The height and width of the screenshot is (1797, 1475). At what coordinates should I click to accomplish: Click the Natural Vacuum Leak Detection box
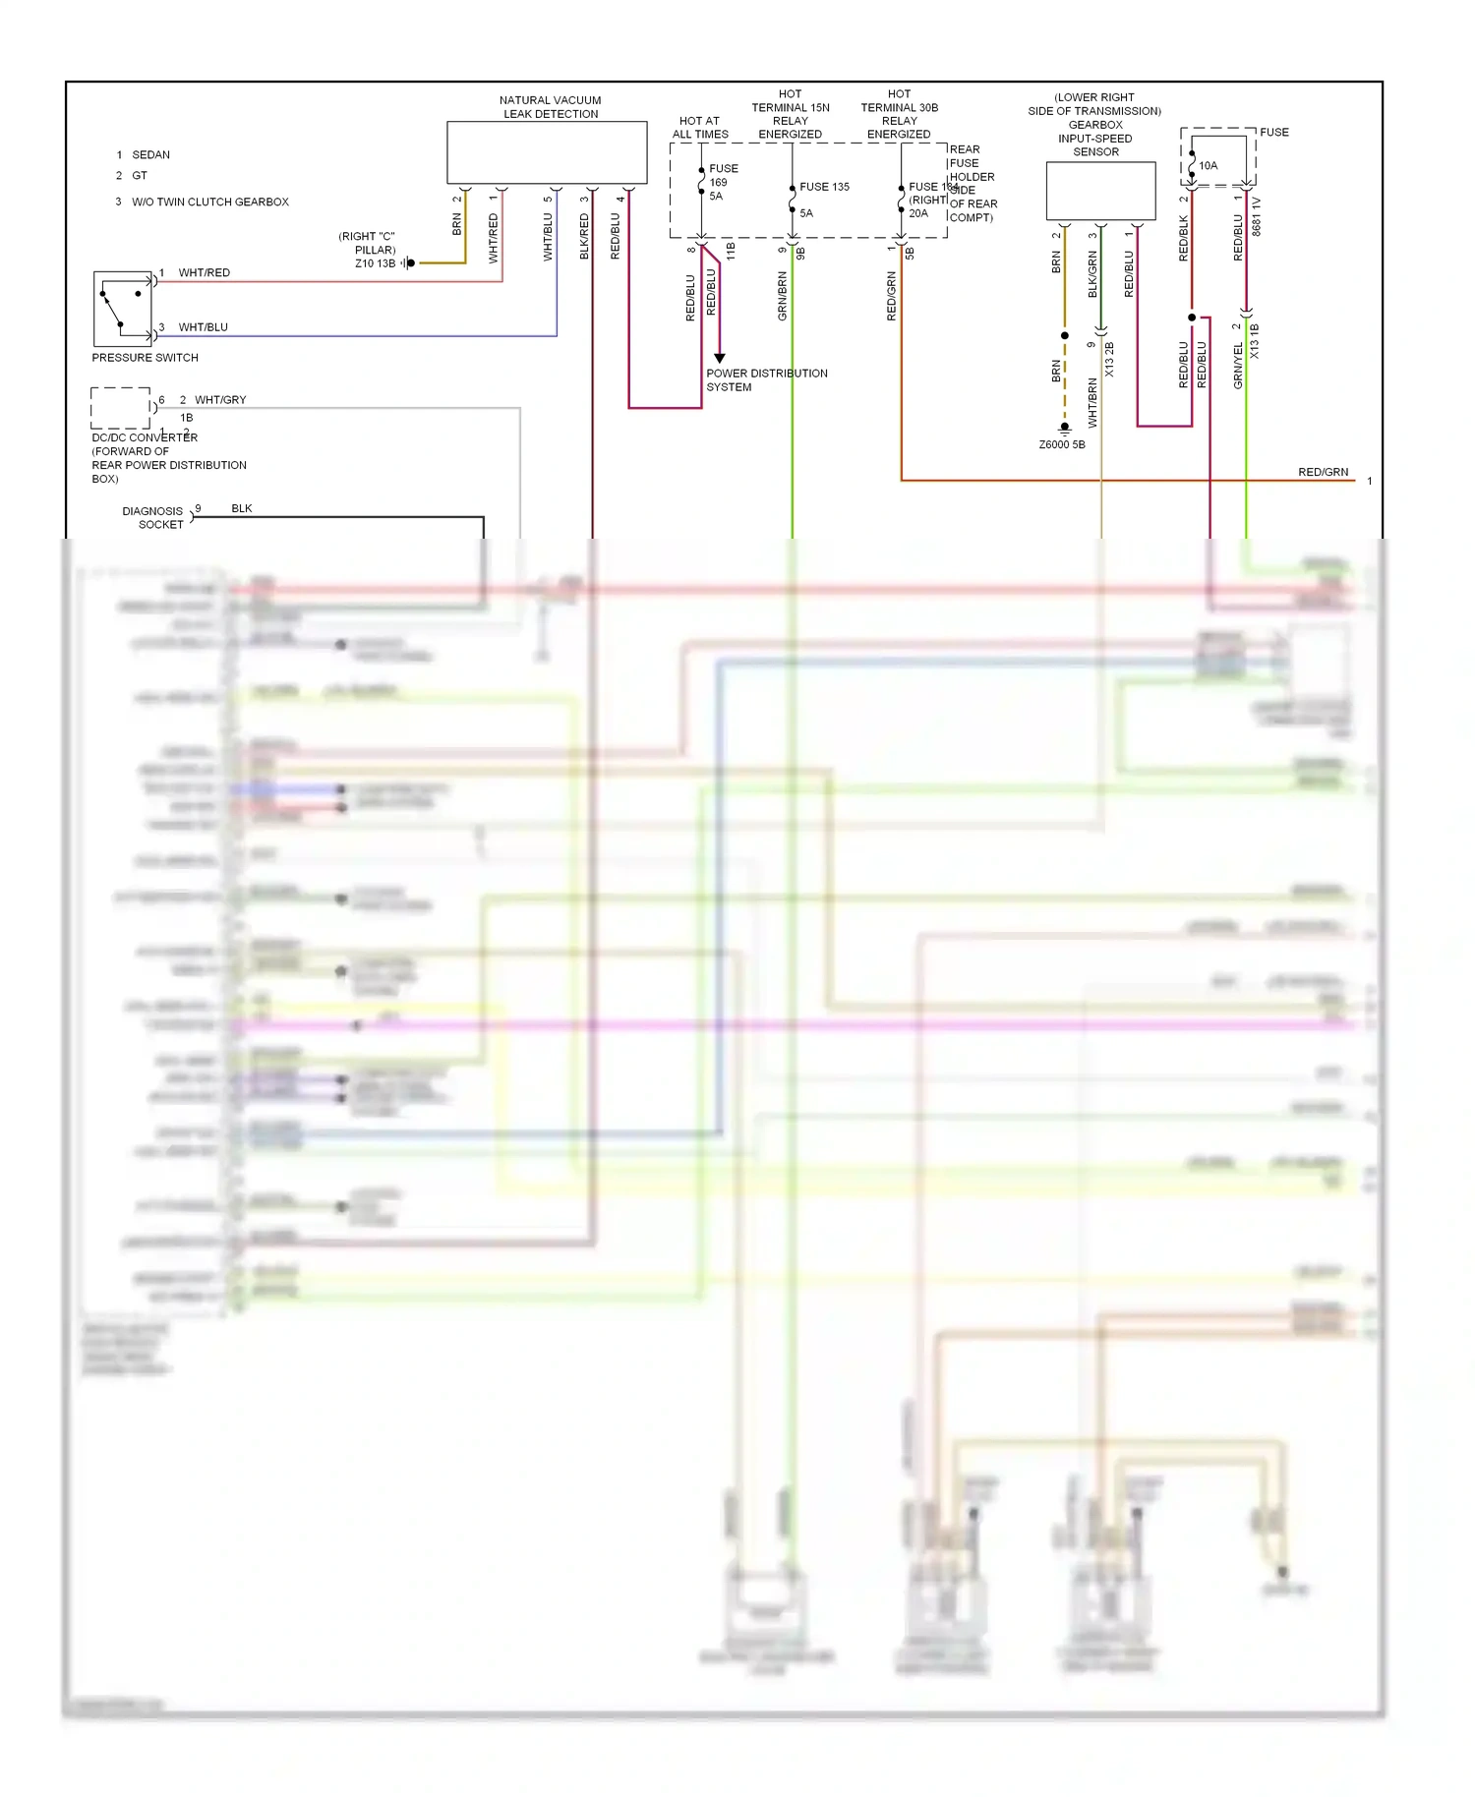click(x=547, y=152)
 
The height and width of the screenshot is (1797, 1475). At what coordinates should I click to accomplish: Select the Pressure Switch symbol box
click(x=122, y=309)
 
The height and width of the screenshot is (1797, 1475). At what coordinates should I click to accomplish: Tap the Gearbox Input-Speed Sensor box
click(x=1100, y=191)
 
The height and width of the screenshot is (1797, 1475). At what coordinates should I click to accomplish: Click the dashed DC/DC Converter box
click(x=120, y=407)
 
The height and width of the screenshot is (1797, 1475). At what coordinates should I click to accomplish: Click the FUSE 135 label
click(x=824, y=187)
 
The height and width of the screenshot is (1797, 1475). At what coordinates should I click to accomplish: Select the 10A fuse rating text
click(x=1208, y=166)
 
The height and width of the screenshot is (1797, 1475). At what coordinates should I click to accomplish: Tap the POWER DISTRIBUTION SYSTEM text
click(x=766, y=380)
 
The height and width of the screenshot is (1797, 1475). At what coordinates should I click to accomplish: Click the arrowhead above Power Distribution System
click(x=719, y=358)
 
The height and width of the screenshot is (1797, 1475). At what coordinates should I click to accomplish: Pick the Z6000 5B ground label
click(x=1062, y=445)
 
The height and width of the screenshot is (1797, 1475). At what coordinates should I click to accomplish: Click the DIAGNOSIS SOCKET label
click(x=153, y=518)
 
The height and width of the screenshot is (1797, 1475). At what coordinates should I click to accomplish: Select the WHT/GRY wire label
click(x=220, y=400)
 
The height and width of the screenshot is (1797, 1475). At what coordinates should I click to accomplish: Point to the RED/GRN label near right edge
click(x=1323, y=473)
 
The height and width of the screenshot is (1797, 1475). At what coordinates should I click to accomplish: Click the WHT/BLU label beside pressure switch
click(x=203, y=327)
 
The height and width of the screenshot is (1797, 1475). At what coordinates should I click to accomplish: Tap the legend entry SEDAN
click(x=150, y=155)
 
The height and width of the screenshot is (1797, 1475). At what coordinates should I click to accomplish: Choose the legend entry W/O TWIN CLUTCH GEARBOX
click(x=209, y=203)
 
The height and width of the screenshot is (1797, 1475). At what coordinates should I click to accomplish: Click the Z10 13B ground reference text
click(x=375, y=263)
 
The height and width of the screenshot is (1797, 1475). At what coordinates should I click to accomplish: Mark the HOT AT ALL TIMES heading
click(x=700, y=128)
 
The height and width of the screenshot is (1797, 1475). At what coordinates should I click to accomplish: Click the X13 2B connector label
click(x=1109, y=360)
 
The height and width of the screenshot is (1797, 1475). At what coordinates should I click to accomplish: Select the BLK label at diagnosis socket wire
click(x=242, y=509)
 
